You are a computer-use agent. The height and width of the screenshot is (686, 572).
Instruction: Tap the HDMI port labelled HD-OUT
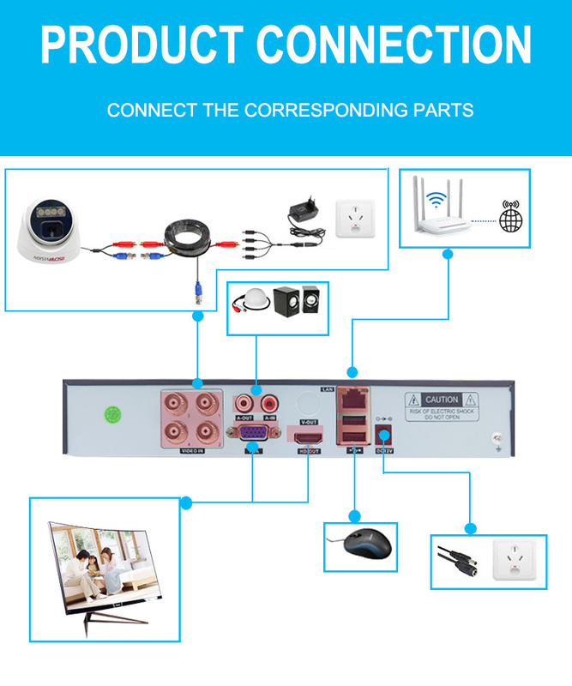(x=309, y=437)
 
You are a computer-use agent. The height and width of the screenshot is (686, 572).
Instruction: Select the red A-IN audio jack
(x=272, y=400)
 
